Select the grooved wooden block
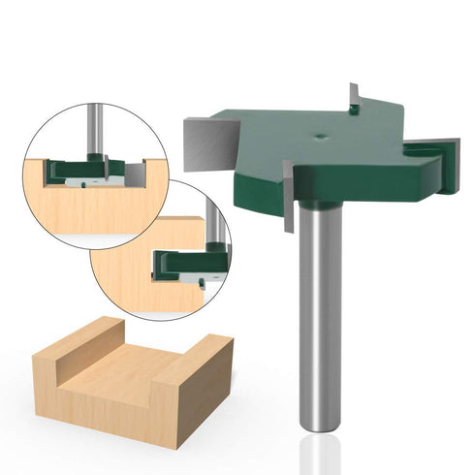pos(131,378)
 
